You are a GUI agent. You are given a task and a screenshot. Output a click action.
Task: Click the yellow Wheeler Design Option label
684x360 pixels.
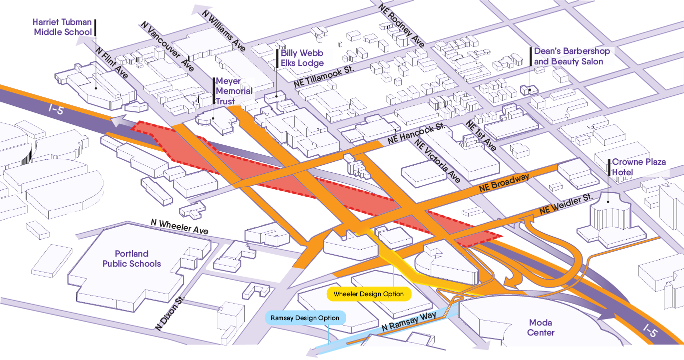click(369, 294)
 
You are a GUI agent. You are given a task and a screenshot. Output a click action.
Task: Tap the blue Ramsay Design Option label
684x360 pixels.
click(305, 318)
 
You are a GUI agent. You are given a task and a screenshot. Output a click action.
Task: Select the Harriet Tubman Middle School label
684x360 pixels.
click(62, 27)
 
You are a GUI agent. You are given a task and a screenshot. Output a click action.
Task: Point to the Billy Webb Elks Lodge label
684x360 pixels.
click(302, 58)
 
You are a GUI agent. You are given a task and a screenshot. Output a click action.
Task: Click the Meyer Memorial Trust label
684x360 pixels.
click(234, 91)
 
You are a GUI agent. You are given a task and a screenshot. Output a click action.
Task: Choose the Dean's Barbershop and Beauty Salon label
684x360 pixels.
click(572, 56)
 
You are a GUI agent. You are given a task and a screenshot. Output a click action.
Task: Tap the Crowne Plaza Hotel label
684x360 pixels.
click(639, 167)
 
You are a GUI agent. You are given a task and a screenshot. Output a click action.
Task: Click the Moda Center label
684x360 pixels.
click(541, 328)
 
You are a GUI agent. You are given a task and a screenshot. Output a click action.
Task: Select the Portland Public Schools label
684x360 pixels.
click(131, 259)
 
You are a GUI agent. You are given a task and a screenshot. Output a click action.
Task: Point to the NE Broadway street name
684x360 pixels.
click(504, 183)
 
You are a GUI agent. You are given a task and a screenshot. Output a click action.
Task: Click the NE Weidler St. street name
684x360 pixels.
click(566, 204)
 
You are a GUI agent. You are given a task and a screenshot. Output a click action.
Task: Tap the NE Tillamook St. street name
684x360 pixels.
click(324, 76)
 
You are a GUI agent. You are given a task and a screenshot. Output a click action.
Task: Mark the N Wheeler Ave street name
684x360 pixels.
click(179, 226)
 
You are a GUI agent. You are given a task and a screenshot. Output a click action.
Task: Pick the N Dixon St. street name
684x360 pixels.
click(170, 313)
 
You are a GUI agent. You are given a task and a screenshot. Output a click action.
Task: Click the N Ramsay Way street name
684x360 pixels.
click(409, 321)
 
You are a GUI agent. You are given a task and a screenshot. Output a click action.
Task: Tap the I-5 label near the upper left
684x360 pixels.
click(56, 109)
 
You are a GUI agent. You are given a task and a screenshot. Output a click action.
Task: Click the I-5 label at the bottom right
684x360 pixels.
click(650, 331)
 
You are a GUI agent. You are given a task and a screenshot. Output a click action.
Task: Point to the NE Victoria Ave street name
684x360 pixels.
click(437, 160)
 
